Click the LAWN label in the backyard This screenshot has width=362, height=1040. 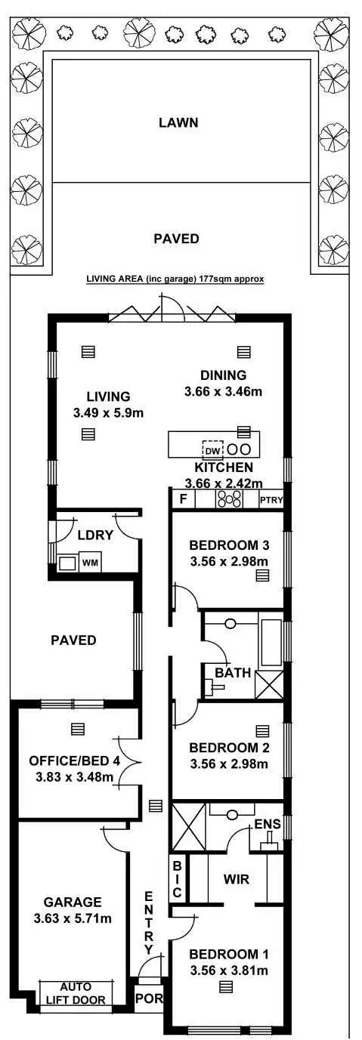point(178,122)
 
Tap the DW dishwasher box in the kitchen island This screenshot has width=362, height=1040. point(212,451)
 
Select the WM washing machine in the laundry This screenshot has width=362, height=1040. point(90,562)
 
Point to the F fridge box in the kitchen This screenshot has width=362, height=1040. point(182,499)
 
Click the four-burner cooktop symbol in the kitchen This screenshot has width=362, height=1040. point(228,498)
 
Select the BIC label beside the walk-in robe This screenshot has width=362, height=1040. point(177,878)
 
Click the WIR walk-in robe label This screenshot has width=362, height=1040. point(237,879)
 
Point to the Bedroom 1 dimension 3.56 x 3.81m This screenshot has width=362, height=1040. point(228,971)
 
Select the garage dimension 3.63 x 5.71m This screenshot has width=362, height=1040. point(73,918)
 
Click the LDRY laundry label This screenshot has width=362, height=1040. point(95,535)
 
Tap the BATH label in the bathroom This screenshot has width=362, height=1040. point(227,671)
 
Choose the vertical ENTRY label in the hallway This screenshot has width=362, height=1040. point(149,921)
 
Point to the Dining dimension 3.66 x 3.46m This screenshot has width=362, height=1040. point(223,391)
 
